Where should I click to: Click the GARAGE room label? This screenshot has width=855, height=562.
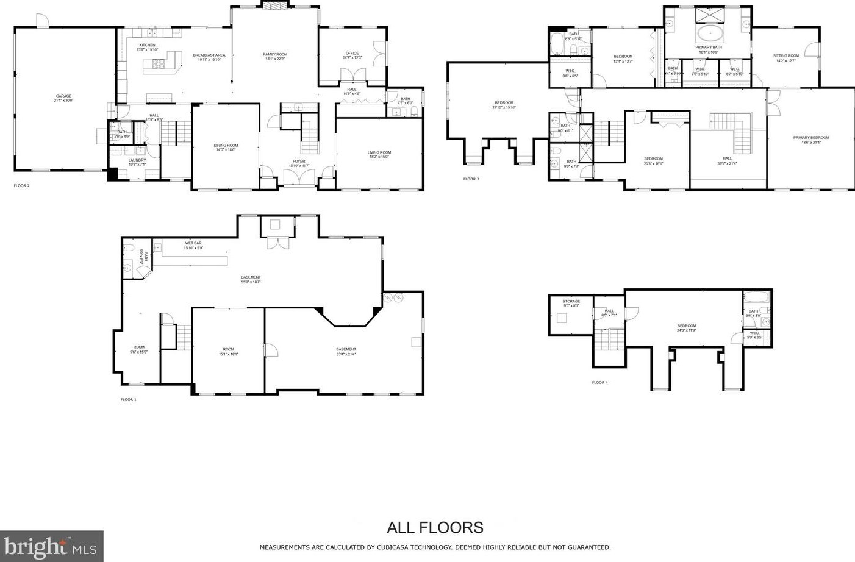[64, 96]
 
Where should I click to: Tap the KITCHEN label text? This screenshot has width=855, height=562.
[147, 46]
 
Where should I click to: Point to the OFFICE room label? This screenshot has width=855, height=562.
[352, 54]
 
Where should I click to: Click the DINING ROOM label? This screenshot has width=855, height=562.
[226, 146]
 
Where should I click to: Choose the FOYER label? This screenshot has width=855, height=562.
[299, 162]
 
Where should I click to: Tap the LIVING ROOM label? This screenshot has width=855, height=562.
[379, 153]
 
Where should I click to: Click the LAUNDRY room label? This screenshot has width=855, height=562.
[137, 160]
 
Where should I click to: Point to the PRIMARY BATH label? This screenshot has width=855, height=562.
[708, 48]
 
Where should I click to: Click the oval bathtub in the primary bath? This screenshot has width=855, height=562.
[709, 33]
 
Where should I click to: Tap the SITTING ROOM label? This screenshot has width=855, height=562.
[785, 56]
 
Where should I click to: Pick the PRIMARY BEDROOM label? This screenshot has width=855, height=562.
[810, 138]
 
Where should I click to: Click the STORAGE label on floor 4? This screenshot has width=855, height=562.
[571, 302]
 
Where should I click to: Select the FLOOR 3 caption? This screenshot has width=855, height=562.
[471, 179]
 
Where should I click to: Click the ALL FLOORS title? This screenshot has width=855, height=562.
[435, 527]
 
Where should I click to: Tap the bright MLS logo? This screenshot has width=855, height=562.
[51, 546]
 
